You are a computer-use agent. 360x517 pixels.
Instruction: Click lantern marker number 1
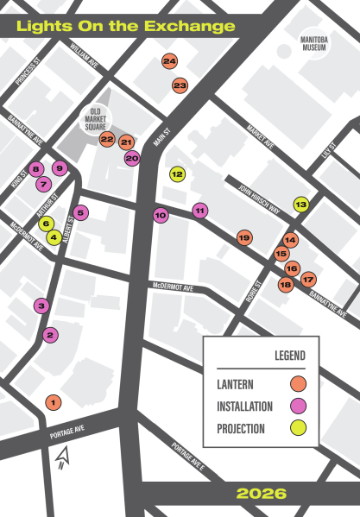pos(53,401)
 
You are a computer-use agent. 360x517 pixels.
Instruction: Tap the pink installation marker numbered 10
pos(161,215)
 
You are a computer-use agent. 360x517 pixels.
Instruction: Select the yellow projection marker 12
pos(177,173)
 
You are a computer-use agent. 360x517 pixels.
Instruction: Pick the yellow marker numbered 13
pos(300,205)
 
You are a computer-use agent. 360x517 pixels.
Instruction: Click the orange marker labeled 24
pos(169,61)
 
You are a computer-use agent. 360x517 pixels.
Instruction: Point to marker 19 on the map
pos(244,237)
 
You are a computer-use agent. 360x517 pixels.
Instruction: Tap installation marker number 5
pos(80,211)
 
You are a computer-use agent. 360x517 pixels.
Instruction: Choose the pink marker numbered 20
pos(132,158)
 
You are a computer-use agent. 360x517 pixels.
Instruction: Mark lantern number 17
pos(308,279)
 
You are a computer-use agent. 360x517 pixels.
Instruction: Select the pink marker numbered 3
pos(41,305)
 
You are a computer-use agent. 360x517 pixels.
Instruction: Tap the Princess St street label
pos(28,72)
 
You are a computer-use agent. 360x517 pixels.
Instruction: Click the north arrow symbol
pos(61,457)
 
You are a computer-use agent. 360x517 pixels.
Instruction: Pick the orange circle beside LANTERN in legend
pos(298,382)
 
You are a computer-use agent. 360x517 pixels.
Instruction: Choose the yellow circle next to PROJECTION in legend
pos(298,428)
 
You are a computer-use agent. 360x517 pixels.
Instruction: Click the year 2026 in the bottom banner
pos(261,494)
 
